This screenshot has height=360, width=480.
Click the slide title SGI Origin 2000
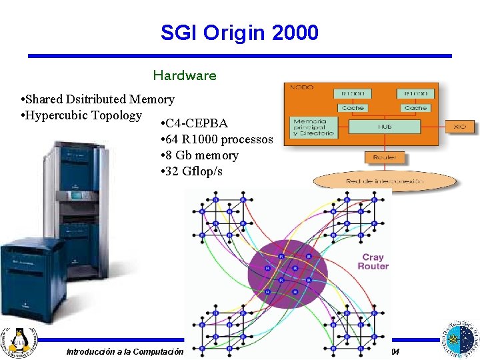tap(239, 32)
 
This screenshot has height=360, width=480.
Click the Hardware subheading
tap(185, 75)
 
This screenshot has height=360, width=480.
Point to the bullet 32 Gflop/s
tap(194, 171)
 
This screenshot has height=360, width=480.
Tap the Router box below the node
tap(384, 157)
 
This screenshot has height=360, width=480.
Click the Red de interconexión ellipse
tap(385, 181)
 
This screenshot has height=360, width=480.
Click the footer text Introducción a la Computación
tap(125, 351)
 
